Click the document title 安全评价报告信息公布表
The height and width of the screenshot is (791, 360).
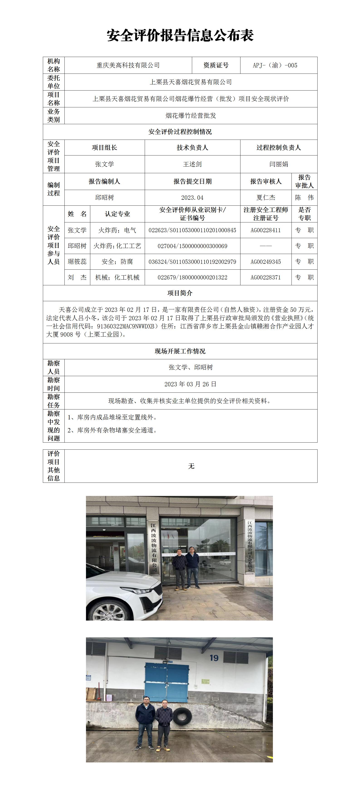(x=180, y=36)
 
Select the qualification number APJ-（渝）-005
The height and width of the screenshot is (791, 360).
(x=275, y=65)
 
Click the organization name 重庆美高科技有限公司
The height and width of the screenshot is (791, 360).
(x=128, y=65)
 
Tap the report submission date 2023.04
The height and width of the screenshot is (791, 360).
(x=192, y=198)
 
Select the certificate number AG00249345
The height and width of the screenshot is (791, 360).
(x=265, y=262)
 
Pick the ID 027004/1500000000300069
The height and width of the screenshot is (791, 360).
(x=192, y=246)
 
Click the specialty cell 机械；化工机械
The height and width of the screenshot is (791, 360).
(x=117, y=278)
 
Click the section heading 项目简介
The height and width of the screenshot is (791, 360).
(x=180, y=293)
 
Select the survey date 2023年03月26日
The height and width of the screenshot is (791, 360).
(x=190, y=384)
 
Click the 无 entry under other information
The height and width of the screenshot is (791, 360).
(x=191, y=466)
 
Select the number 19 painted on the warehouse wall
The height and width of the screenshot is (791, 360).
(x=214, y=658)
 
